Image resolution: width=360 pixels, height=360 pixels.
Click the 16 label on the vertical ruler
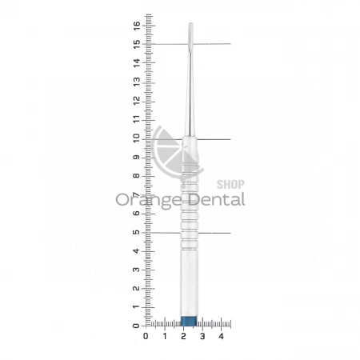point(137,26)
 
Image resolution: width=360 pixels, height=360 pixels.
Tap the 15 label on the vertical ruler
point(137,44)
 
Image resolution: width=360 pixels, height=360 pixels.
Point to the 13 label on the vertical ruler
point(137,82)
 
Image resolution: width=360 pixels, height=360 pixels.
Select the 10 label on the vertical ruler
point(137,138)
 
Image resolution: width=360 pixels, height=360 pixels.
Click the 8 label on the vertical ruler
point(137,176)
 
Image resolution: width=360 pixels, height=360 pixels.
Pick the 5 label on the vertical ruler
point(137,232)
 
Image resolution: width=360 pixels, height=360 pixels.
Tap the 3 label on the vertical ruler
point(137,270)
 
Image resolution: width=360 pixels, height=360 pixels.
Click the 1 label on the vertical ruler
point(137,307)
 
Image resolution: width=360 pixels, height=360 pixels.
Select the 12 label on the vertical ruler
point(137,100)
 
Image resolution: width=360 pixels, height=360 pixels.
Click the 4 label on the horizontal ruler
point(221,336)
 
